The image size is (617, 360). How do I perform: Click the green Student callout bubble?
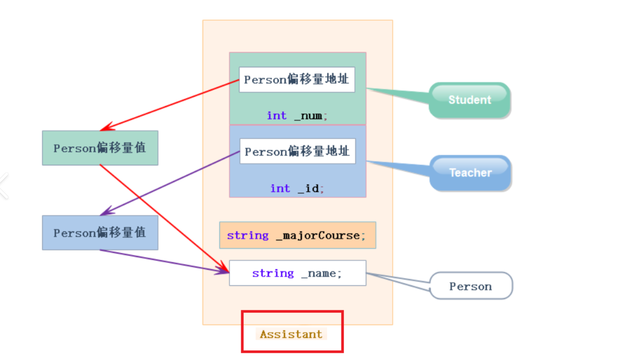click(x=470, y=100)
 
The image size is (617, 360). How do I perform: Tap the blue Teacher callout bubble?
click(x=470, y=173)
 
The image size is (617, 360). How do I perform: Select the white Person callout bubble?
click(x=471, y=286)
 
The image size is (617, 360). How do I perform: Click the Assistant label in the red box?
click(x=291, y=334)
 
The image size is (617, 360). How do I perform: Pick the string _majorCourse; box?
click(x=297, y=235)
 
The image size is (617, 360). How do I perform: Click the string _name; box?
click(x=297, y=273)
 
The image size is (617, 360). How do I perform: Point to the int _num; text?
click(x=297, y=116)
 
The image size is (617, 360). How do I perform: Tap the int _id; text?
click(x=297, y=188)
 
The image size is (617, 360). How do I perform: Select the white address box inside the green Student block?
click(x=297, y=79)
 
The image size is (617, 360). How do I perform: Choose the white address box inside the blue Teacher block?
click(x=297, y=151)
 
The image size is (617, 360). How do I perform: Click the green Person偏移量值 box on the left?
click(x=100, y=148)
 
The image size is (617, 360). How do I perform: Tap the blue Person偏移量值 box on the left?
click(x=100, y=233)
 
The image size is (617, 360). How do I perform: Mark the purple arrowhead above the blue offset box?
click(x=106, y=212)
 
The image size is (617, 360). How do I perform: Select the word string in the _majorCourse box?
click(x=248, y=235)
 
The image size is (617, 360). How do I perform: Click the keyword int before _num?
click(x=276, y=116)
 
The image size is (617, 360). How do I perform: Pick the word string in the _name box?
click(x=273, y=273)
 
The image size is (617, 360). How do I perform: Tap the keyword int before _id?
click(x=280, y=188)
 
